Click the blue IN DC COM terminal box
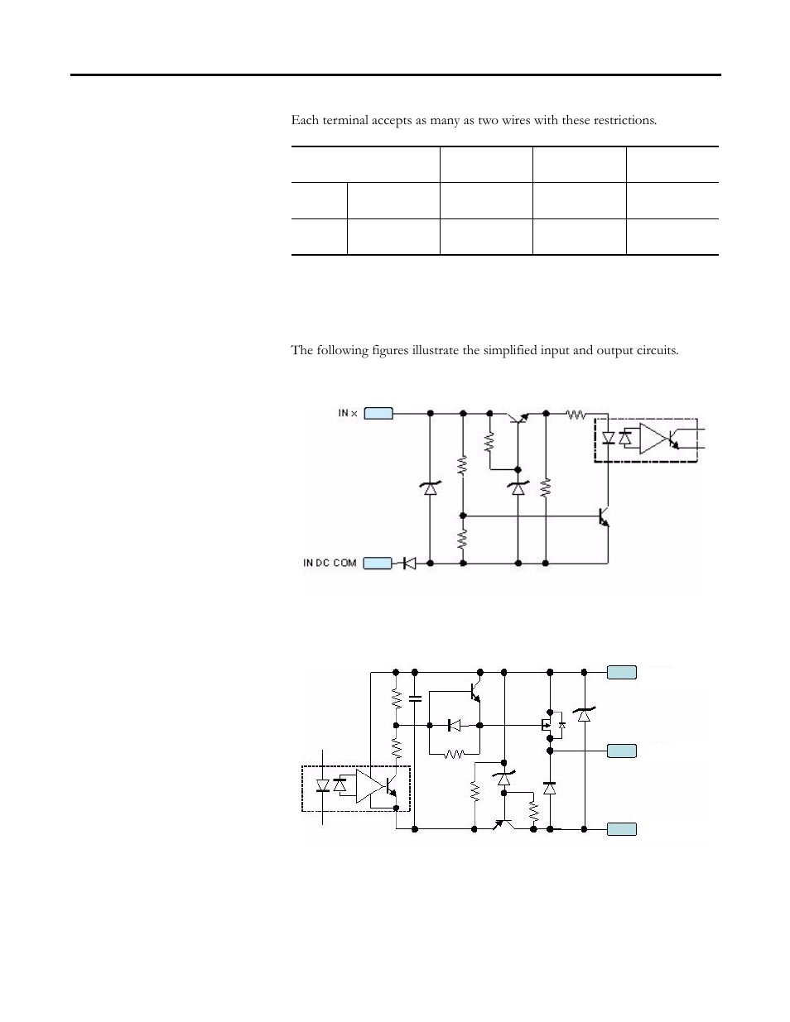(378, 564)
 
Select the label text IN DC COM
(330, 564)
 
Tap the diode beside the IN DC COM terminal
(408, 564)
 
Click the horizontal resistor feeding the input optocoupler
(575, 413)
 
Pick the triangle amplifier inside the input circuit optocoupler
(653, 439)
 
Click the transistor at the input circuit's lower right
(604, 516)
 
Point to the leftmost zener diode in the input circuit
(429, 488)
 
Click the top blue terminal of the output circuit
(622, 672)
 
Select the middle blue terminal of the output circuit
(622, 751)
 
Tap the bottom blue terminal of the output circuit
(622, 828)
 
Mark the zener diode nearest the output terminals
(584, 714)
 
